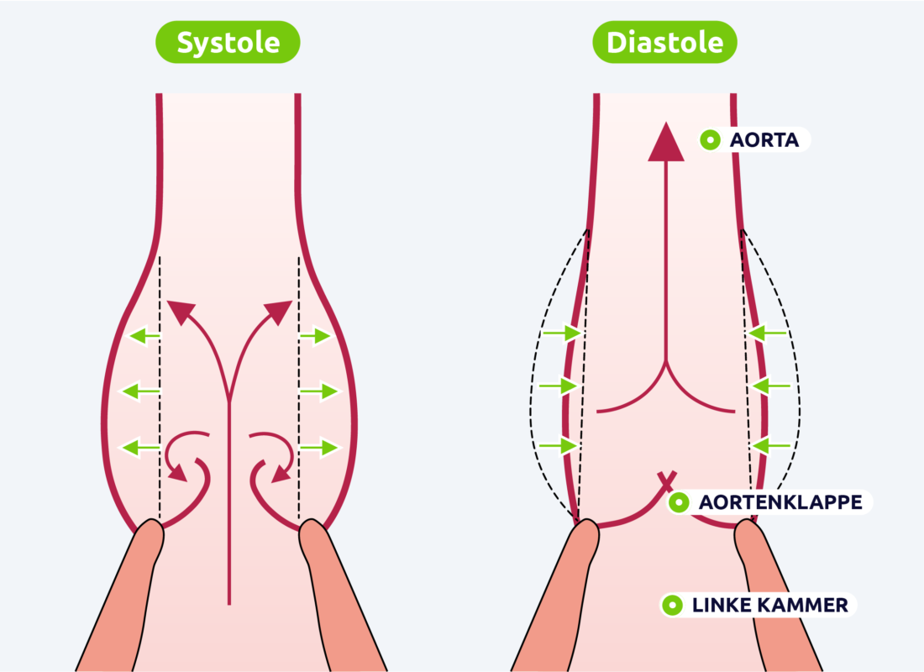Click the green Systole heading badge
pos(228,42)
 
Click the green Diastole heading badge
pos(664,42)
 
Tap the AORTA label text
pos(763,139)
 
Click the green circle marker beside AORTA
pos(711,139)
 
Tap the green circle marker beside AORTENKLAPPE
pos(679,502)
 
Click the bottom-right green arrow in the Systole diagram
pos(319,447)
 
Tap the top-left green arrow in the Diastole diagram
pos(561,333)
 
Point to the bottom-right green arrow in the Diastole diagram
pos(770,444)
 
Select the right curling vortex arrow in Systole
pos(273,457)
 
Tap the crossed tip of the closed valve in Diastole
pos(665,480)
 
